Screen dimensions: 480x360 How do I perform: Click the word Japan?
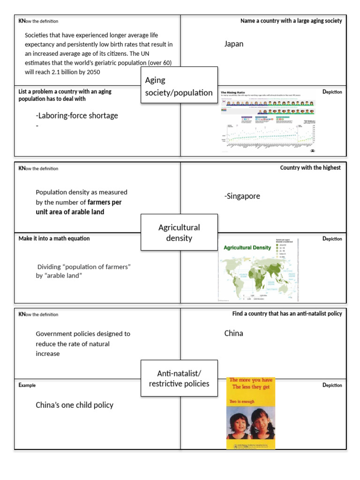click(x=234, y=44)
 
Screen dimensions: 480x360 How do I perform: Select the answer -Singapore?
click(x=242, y=196)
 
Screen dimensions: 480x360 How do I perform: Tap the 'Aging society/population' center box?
click(x=179, y=86)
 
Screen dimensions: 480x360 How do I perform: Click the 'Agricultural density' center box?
click(x=179, y=232)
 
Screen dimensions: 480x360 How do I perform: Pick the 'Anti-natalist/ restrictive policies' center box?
click(x=179, y=378)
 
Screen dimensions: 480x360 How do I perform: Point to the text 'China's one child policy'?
click(x=75, y=405)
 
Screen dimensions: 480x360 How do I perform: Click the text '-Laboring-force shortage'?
click(x=77, y=115)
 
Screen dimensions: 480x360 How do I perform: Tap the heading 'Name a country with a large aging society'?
click(x=291, y=21)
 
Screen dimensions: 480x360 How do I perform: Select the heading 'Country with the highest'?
click(x=310, y=167)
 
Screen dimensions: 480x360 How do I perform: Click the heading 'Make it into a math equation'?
click(x=54, y=239)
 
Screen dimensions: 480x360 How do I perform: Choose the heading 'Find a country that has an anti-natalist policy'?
click(x=287, y=313)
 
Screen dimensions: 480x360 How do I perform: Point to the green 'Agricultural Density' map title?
click(x=247, y=247)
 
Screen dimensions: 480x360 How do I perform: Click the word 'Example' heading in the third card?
click(x=27, y=385)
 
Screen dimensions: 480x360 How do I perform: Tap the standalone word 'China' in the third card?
click(x=233, y=333)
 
